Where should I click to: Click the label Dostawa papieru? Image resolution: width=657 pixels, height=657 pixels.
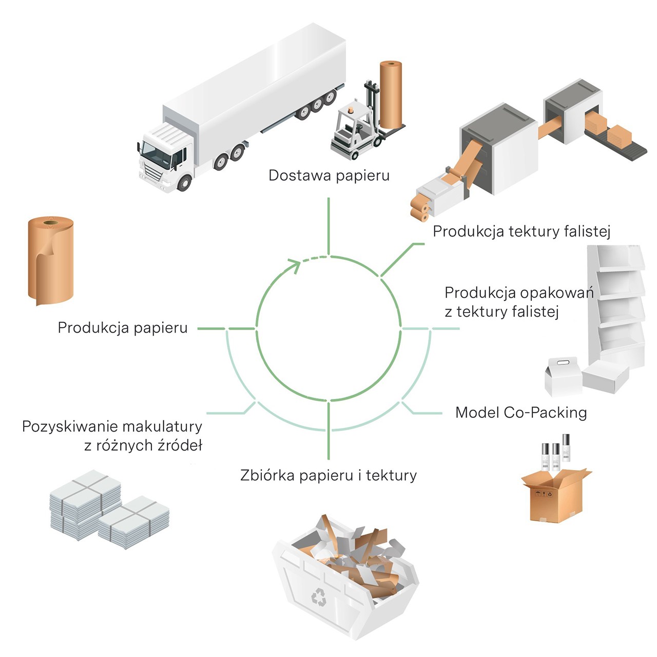pyautogui.click(x=328, y=176)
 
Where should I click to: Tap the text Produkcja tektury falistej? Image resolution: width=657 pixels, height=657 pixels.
pyautogui.click(x=521, y=231)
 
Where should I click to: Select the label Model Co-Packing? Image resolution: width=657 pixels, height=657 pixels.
pyautogui.click(x=521, y=413)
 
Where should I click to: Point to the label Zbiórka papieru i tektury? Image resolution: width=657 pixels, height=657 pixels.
pyautogui.click(x=328, y=475)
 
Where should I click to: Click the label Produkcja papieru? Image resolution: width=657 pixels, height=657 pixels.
pyautogui.click(x=123, y=328)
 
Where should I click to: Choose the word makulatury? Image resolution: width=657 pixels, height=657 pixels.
pyautogui.click(x=162, y=427)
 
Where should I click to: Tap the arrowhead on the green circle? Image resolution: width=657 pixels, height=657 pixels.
pyautogui.click(x=295, y=266)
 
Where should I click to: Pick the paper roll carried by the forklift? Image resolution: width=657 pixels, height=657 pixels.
pyautogui.click(x=391, y=95)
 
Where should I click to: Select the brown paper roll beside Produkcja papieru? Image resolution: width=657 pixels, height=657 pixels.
pyautogui.click(x=50, y=260)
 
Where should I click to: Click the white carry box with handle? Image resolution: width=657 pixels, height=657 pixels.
pyautogui.click(x=563, y=376)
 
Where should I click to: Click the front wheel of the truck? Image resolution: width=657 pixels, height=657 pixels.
pyautogui.click(x=184, y=183)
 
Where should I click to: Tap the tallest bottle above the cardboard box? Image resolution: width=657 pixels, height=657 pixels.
pyautogui.click(x=566, y=448)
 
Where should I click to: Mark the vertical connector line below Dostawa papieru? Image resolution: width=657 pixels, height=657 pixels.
pyautogui.click(x=328, y=226)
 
